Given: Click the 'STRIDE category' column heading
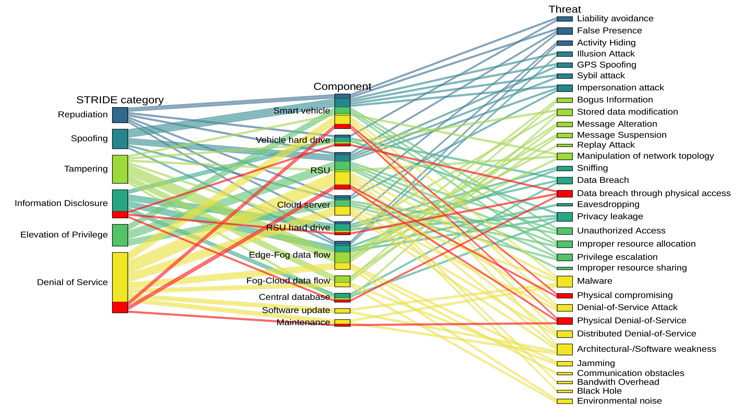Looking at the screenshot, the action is (120, 100).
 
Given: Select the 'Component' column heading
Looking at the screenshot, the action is (342, 86).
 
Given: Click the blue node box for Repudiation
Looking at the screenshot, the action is (120, 115).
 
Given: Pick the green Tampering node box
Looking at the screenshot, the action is (120, 169).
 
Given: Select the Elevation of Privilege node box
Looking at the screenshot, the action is (120, 235).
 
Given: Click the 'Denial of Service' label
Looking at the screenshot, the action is (72, 282).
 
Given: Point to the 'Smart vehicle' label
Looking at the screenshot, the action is (302, 111).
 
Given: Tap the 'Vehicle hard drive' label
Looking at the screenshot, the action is (293, 140).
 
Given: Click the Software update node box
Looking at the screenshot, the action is (342, 311).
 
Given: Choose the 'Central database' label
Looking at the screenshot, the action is (295, 297).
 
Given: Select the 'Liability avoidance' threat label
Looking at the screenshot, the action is (615, 19).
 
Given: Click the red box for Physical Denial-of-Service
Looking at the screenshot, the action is (565, 321).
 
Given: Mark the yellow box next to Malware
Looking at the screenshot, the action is (565, 282).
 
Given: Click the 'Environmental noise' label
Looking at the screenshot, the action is (619, 401).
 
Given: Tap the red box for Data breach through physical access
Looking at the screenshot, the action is (565, 194).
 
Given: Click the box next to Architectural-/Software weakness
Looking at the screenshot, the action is (565, 349).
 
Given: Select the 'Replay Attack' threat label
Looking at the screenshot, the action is (606, 145).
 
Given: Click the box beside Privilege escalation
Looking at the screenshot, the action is (565, 257).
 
